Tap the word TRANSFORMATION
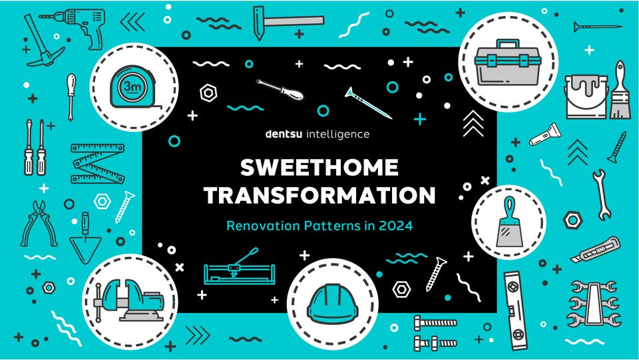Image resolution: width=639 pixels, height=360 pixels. click(319, 195)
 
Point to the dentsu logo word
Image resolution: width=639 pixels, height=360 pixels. click(284, 134)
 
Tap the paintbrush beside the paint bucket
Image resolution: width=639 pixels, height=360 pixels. click(620, 90)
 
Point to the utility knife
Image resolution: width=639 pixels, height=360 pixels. click(594, 251)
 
